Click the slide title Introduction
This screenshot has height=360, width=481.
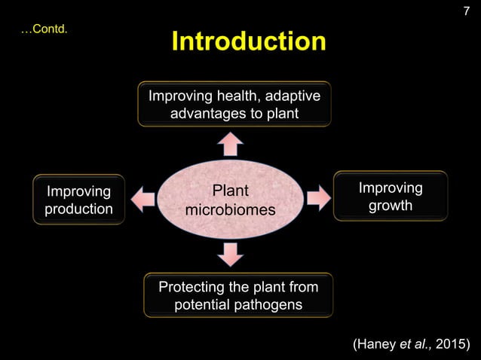tap(248, 41)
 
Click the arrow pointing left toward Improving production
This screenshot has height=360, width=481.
tap(143, 200)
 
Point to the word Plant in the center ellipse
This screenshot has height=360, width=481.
tap(230, 190)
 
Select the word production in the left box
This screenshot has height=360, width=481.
tap(78, 209)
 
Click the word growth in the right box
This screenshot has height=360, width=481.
tap(390, 205)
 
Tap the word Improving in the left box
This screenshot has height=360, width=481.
tap(78, 191)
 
